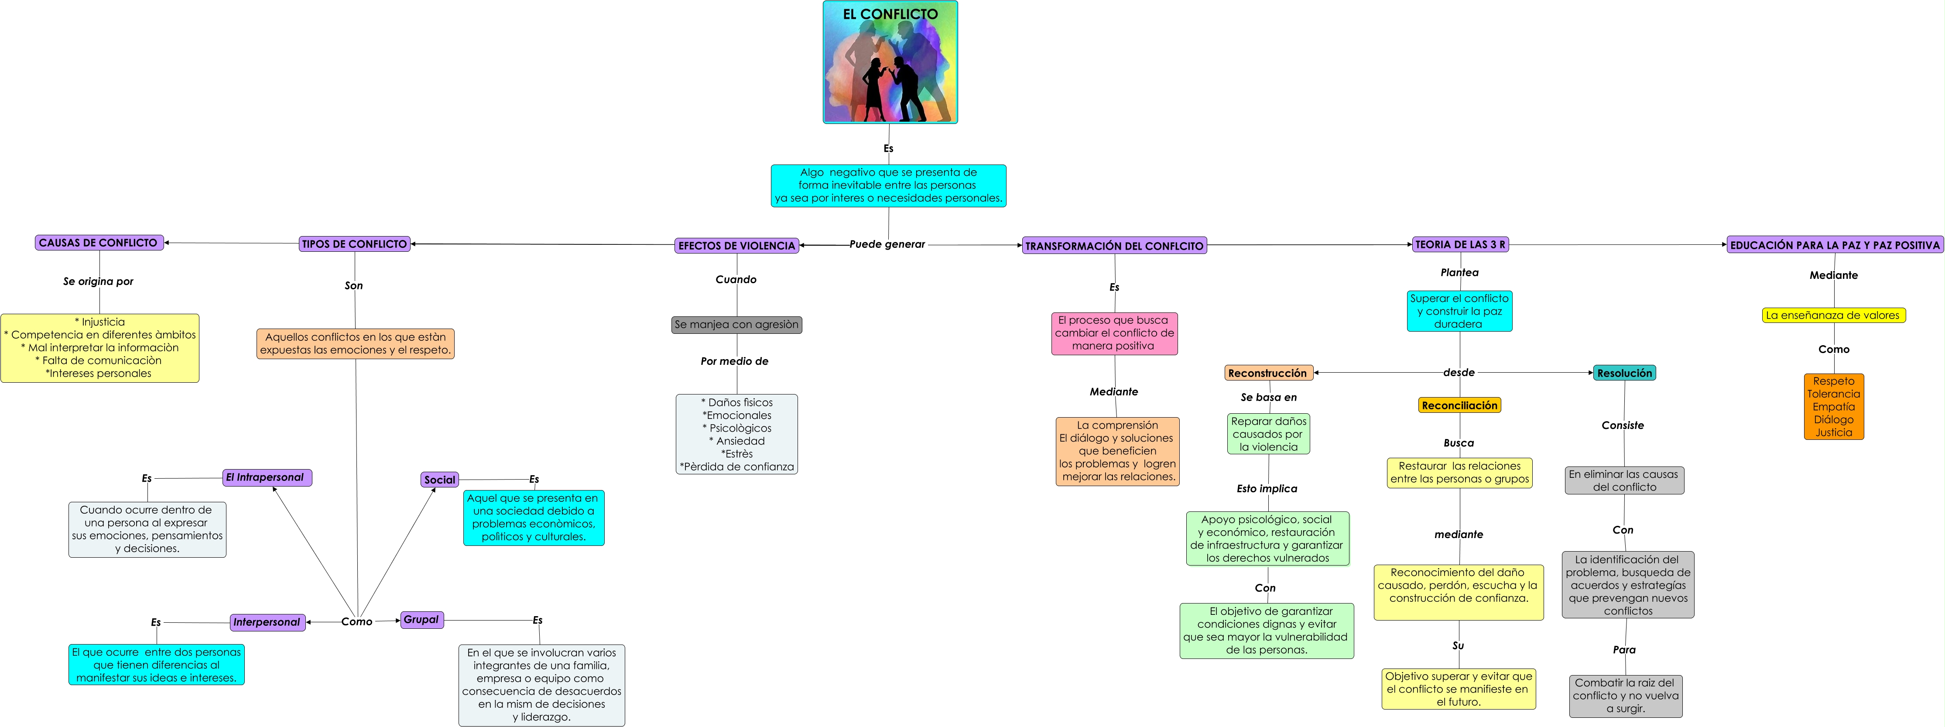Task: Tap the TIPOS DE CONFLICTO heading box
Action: (x=354, y=244)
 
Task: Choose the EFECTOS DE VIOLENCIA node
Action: (x=736, y=245)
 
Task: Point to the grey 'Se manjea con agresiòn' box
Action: (x=736, y=325)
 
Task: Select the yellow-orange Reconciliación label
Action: (x=1459, y=405)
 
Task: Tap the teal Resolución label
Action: (x=1624, y=373)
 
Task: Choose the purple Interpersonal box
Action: (x=267, y=622)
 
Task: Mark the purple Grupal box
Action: (x=421, y=620)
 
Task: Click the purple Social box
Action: (x=439, y=480)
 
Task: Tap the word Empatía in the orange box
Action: (x=1833, y=407)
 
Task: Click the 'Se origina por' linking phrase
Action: (x=98, y=281)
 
